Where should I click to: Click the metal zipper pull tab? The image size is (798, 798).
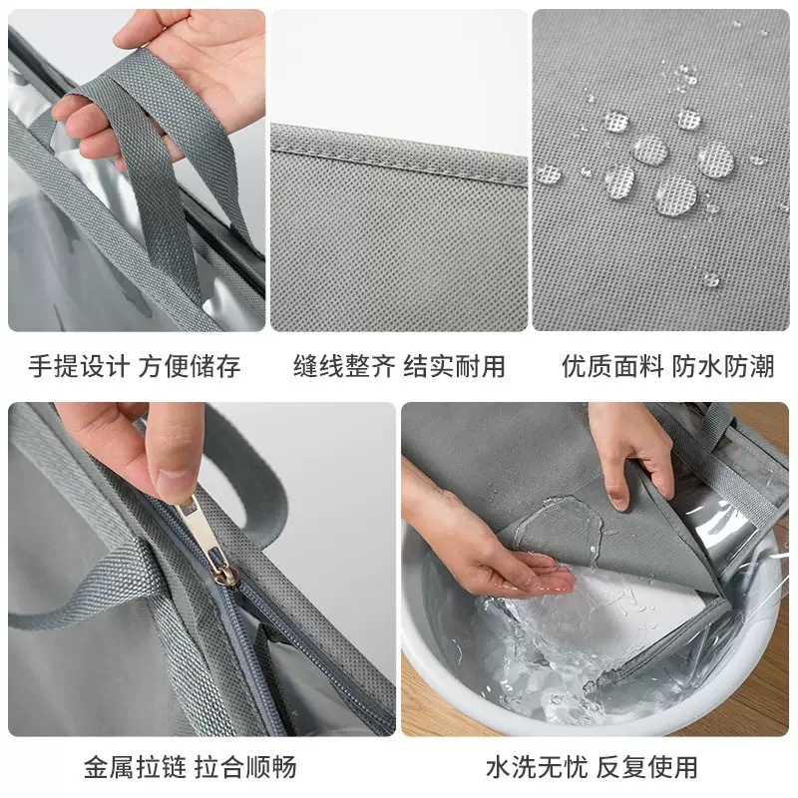click(197, 518)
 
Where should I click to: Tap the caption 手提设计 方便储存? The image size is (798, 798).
click(134, 366)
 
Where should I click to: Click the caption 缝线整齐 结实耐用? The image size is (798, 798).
click(399, 366)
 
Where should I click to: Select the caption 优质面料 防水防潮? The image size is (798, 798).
click(666, 366)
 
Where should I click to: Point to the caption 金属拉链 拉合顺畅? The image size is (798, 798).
click(190, 767)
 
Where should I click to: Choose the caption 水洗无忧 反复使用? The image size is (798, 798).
click(592, 767)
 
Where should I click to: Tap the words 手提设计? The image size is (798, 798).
click(78, 366)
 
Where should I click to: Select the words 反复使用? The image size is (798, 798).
click(647, 767)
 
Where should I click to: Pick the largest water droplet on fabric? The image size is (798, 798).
click(676, 194)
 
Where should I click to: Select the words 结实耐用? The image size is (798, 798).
click(454, 366)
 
